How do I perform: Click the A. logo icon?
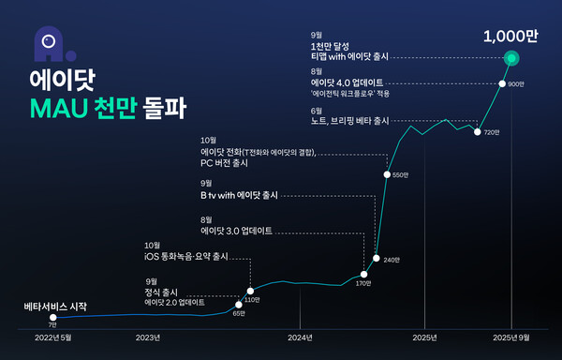44,40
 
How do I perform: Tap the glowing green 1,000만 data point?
511,59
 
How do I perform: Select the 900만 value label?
515,84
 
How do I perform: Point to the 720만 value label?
492,133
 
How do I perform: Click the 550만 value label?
400,174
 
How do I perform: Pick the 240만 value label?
391,259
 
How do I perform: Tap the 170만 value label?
362,283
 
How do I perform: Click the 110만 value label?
251,299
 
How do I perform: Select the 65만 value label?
238,314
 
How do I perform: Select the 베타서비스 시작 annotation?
55,307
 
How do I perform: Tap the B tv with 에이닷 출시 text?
240,196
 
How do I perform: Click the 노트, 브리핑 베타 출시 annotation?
349,120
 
